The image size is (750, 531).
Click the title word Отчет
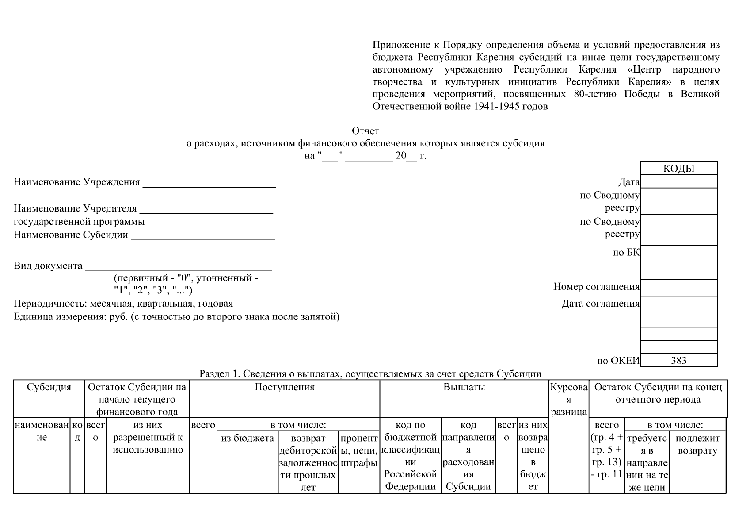[x=365, y=131]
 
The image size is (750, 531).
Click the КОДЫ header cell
[x=678, y=169]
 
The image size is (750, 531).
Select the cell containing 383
[x=678, y=360]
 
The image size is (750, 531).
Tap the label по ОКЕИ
[x=618, y=361]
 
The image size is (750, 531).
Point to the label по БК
[x=626, y=252]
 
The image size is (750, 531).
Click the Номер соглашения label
[x=596, y=287]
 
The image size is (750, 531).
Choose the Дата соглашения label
[x=600, y=304]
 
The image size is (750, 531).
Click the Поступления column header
[x=285, y=387]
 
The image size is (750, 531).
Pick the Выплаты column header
[x=464, y=387]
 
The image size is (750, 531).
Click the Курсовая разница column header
[x=569, y=400]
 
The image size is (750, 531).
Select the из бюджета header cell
[x=247, y=438]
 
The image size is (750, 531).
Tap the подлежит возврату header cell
[x=697, y=444]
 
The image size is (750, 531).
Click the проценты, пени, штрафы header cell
[x=359, y=450]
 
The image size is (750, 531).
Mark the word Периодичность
[x=50, y=304]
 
